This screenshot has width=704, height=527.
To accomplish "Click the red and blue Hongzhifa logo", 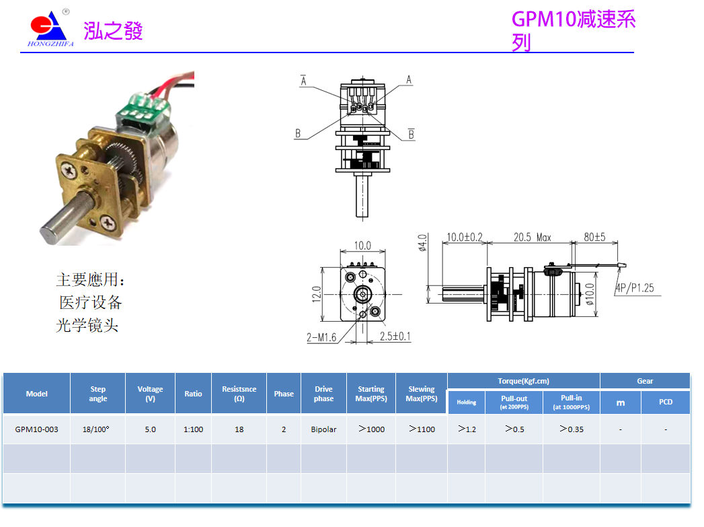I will [49, 28].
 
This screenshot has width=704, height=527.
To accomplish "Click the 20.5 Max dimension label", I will [532, 237].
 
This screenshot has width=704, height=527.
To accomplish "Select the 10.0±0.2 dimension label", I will [465, 237].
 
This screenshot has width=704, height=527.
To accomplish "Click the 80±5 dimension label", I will [594, 237].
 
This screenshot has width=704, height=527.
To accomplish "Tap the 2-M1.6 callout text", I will [321, 338].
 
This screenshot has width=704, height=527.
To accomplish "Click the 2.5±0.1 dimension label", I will [395, 337].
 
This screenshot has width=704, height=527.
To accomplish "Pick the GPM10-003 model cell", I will [36, 429].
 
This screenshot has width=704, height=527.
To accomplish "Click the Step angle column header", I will [98, 394].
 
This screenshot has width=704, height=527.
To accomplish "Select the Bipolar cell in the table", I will [323, 429].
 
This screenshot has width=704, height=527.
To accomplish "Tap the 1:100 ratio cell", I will [193, 429].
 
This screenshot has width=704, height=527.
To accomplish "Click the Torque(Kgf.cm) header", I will [523, 381].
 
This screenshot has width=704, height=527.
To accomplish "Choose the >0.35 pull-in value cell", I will [571, 429].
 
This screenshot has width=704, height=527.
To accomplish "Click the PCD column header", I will [665, 402].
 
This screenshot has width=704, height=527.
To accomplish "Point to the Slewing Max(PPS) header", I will [421, 394].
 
